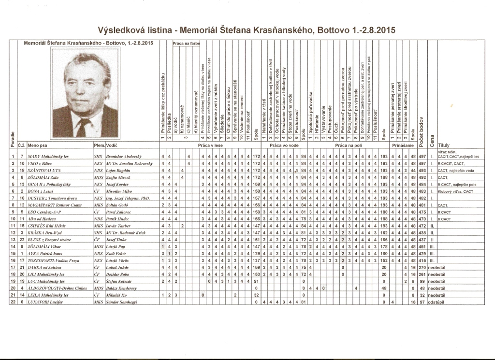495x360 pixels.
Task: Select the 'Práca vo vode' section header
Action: [x=283, y=145]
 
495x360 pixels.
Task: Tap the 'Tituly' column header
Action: [x=443, y=145]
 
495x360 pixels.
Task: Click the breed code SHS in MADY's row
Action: [x=98, y=157]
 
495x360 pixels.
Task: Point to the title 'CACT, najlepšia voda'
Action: [x=457, y=171]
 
